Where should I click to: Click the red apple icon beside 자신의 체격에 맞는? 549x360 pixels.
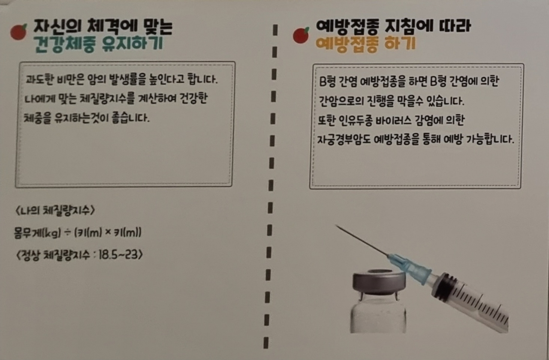tap(18, 32)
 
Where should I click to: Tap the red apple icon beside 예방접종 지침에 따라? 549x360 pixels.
tap(301, 35)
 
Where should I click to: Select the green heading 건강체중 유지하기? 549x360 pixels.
tap(98, 44)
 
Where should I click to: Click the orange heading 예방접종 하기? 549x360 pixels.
tap(366, 44)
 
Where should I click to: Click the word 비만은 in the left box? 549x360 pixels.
tap(71, 80)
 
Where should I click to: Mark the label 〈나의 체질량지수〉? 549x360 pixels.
tap(55, 210)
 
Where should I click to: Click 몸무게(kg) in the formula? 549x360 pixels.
tap(37, 233)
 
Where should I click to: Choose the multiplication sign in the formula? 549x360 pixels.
tap(108, 232)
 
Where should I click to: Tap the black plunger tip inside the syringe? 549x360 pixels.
tap(445, 285)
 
